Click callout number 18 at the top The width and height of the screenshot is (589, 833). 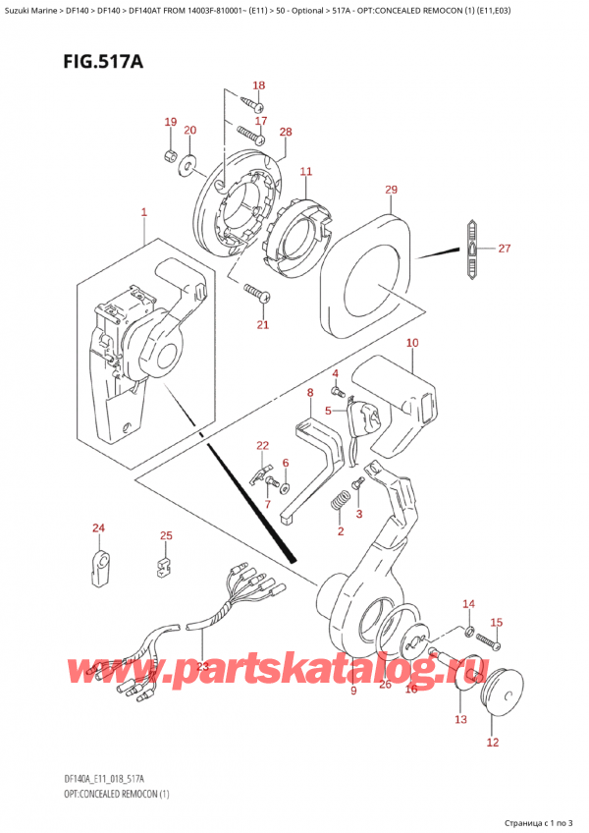tap(259, 85)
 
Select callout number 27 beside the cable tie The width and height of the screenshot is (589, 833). tap(505, 249)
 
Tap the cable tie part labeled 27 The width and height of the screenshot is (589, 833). tap(471, 250)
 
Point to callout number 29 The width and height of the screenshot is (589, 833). tap(391, 190)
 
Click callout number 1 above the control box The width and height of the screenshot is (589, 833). tap(143, 212)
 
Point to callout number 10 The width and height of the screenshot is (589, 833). tap(412, 343)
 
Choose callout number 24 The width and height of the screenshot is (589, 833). tap(97, 529)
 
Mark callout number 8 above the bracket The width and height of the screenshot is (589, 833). tap(310, 394)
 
